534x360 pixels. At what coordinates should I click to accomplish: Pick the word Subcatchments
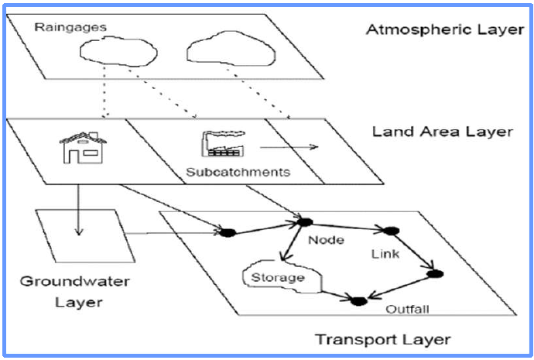[238, 172]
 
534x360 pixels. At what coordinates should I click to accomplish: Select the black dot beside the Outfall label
[358, 300]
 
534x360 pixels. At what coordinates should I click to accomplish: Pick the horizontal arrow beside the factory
[287, 145]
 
